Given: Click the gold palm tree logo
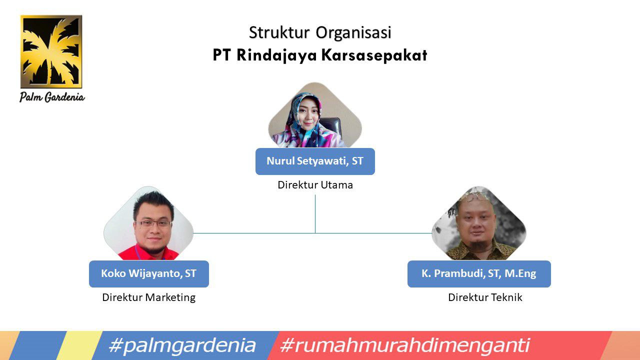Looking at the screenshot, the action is [51, 51].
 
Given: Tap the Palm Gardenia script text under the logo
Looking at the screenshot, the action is [52, 97].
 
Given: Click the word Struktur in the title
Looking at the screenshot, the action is [279, 32].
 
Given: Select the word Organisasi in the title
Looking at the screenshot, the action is [353, 33].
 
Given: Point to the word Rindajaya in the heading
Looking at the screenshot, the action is [276, 55].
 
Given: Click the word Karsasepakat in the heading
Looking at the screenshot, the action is [374, 55].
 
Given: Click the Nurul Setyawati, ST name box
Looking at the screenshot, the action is [315, 161].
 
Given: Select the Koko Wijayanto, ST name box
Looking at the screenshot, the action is [149, 273].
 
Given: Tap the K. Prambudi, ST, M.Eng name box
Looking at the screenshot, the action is [479, 273].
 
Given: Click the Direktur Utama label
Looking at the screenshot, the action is [315, 185].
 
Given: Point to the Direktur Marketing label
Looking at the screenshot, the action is [149, 297].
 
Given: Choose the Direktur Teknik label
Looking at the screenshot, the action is [485, 297].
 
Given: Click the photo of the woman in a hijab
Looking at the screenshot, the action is [315, 115].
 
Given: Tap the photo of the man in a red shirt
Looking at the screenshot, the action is [148, 223].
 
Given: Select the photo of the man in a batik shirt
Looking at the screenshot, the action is [479, 223].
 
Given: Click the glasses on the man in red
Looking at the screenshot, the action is [153, 223].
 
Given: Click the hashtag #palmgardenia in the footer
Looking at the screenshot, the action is [182, 345].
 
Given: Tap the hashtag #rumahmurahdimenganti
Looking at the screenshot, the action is [405, 345].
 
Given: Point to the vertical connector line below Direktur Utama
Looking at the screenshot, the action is [315, 214].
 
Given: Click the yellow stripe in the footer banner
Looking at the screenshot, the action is [79, 345].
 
